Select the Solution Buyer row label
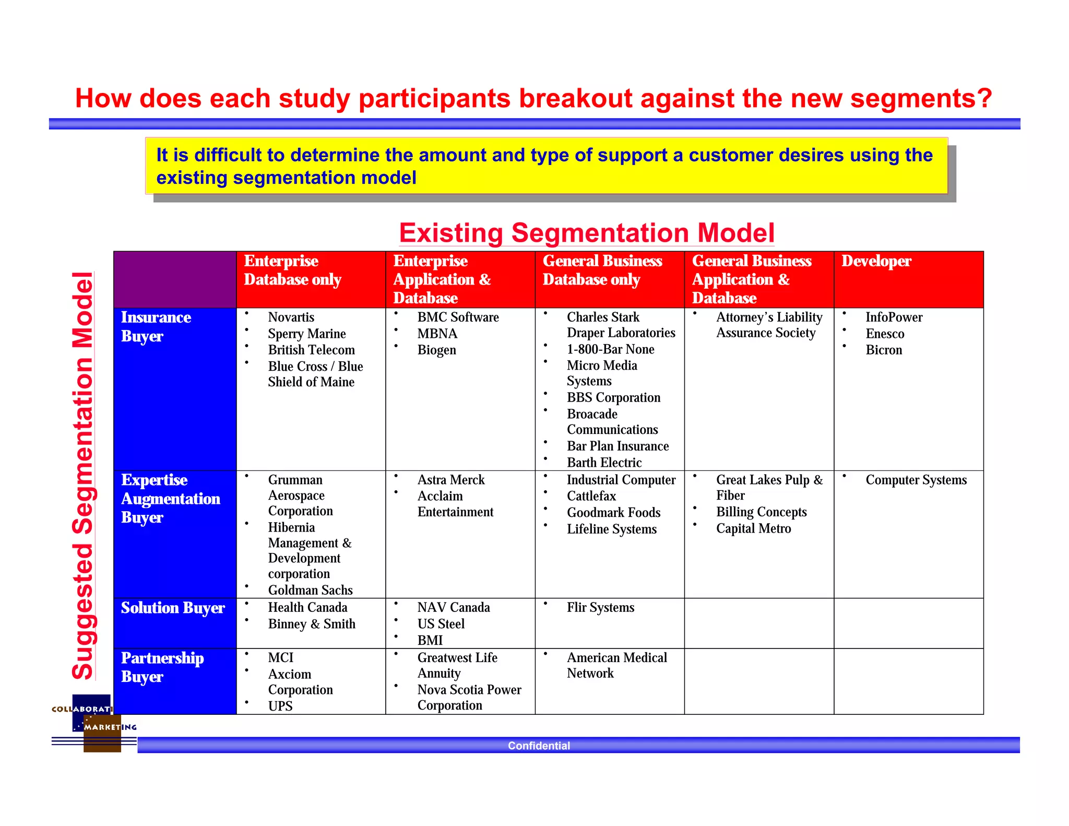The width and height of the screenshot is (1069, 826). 173,608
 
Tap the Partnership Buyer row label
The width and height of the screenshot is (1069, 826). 162,667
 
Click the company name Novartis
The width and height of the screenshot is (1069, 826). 291,317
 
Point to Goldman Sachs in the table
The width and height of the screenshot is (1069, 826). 310,590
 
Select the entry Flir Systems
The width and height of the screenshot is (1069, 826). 600,608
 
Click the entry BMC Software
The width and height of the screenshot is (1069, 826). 458,317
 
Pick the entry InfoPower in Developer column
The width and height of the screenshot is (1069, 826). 894,317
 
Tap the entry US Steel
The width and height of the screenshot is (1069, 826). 441,624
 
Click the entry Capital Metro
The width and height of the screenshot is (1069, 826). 753,529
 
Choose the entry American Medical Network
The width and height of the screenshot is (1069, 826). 616,665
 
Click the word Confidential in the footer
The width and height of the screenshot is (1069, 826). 539,746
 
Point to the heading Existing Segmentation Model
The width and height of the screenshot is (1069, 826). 586,233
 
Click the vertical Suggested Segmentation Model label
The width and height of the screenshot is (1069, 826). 83,475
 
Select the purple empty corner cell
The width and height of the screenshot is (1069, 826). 175,279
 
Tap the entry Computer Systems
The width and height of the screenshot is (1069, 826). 916,480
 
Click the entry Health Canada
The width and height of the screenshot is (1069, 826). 307,608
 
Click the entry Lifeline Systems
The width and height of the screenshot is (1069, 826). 611,529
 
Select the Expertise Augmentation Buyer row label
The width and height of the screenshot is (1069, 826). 170,499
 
